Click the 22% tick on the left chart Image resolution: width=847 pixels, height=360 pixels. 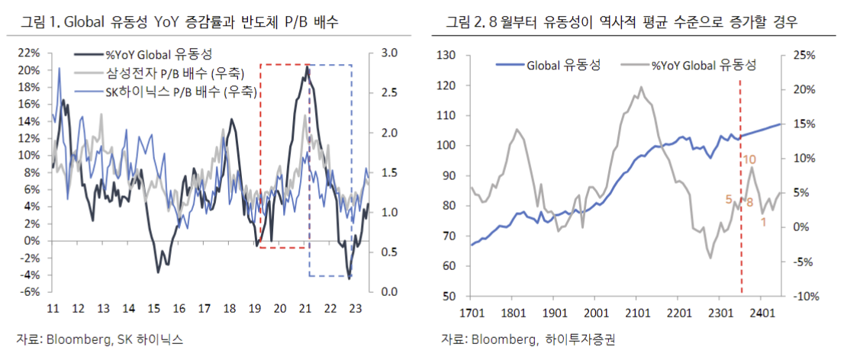click(30, 53)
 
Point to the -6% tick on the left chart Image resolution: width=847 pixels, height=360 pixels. click(31, 292)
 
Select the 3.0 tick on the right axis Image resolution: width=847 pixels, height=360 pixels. click(388, 53)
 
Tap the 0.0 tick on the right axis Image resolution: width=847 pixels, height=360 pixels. click(388, 292)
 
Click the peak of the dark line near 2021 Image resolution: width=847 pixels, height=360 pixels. click(307, 67)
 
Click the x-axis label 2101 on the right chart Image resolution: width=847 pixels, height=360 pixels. click(636, 313)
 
